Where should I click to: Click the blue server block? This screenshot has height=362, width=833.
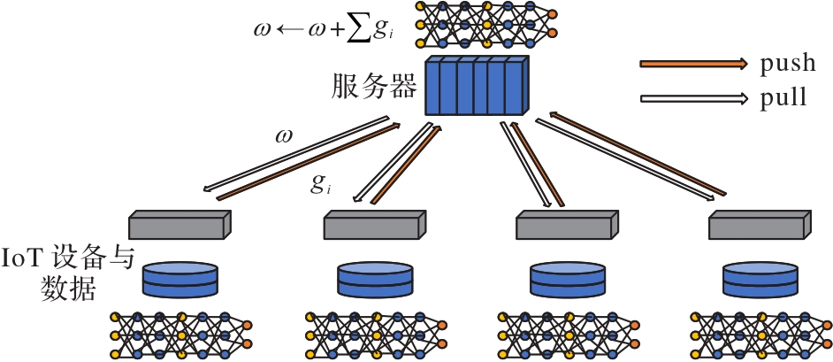[x=476, y=86]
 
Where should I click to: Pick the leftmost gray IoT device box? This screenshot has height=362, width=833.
[x=180, y=225]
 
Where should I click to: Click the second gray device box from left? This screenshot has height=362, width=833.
[x=373, y=225]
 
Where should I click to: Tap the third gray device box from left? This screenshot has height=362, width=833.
[x=566, y=225]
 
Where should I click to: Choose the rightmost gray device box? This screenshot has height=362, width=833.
[x=760, y=225]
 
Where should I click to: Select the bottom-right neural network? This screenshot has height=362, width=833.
[x=760, y=335]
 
